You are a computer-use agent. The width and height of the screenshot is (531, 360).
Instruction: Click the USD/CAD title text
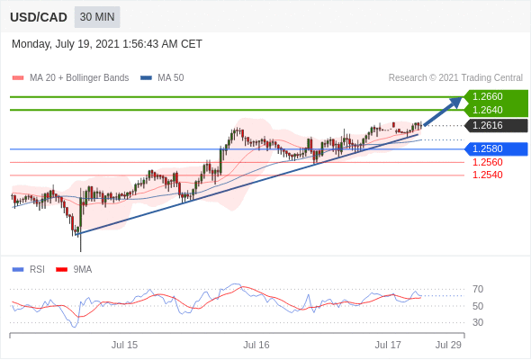39,17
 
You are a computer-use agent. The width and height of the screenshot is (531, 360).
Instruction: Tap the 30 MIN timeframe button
97,17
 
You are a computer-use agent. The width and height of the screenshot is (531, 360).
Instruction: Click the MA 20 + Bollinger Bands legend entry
70,78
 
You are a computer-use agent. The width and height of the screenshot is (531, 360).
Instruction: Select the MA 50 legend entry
162,78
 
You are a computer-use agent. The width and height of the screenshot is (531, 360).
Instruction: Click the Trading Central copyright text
455,78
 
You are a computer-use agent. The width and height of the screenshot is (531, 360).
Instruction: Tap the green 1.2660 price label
487,97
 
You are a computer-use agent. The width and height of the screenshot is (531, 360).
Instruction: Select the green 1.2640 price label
487,110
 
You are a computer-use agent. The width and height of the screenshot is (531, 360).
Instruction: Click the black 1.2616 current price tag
487,126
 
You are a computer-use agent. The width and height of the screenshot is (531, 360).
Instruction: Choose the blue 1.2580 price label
487,149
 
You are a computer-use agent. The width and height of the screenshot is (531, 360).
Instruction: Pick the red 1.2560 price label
487,162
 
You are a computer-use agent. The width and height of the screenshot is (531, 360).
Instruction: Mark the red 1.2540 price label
487,175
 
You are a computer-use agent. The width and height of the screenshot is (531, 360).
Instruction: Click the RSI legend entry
29,270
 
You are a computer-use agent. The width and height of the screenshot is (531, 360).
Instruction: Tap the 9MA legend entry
74,270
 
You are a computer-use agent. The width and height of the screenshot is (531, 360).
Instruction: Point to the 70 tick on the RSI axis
478,289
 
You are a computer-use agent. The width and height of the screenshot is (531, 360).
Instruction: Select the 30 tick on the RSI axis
478,322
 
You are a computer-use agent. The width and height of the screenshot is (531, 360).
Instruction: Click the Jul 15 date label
124,345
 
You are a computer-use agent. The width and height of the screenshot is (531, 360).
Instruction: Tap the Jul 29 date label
448,345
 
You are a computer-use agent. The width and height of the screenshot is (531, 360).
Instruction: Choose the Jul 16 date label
256,345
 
